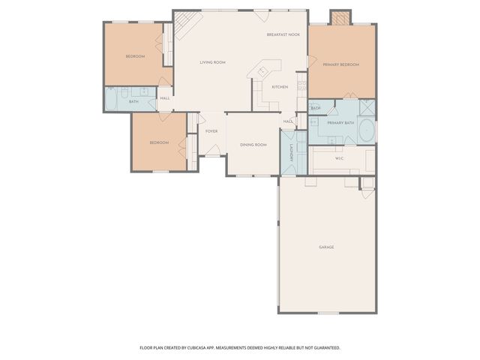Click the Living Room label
212,62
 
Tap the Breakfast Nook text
283,35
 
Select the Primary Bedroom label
341,65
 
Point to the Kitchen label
280,87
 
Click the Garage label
326,247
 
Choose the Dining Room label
253,144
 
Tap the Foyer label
212,130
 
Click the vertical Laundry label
292,153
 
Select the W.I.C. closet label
339,158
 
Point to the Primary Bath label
340,122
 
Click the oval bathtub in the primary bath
367,131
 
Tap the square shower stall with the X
367,107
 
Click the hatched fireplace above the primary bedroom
341,18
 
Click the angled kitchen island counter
263,71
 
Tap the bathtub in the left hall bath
111,100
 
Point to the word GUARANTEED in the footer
324,347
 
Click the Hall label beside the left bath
164,98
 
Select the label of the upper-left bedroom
135,57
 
